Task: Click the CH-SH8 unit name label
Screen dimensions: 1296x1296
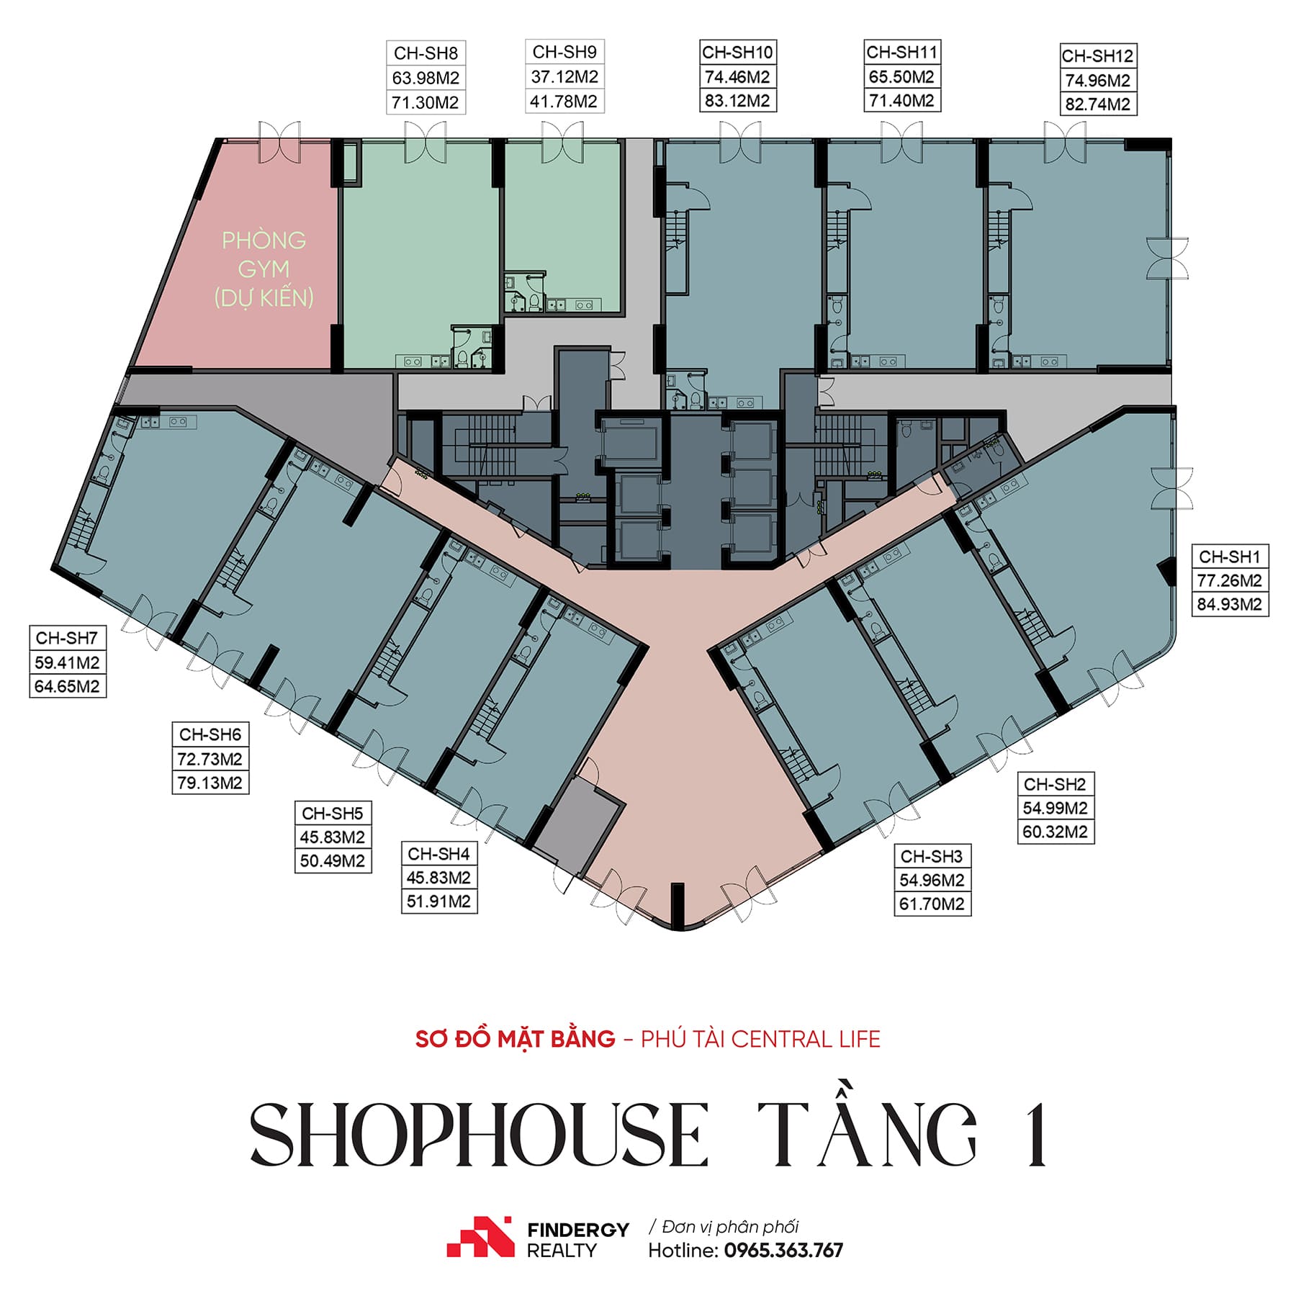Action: pos(426,53)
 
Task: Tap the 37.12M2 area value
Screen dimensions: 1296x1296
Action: pos(564,77)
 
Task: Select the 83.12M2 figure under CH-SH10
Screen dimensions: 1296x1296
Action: pos(737,101)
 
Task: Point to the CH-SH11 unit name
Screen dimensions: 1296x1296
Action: pos(901,53)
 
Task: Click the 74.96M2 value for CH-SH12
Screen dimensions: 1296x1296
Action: pos(1098,80)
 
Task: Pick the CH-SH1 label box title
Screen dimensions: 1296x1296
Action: pos(1229,557)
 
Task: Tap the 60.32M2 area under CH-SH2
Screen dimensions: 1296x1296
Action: pos(1055,832)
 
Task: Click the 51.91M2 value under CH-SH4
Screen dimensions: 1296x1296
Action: pos(438,901)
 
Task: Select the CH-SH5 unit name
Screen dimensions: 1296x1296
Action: pos(332,814)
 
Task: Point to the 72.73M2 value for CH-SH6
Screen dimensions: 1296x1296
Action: pos(210,759)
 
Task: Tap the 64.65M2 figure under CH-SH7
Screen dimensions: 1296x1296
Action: pos(67,686)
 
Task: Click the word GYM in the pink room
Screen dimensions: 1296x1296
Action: pos(264,269)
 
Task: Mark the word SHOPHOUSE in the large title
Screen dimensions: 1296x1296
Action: pos(480,1135)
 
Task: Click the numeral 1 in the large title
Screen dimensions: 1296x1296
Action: pos(1037,1135)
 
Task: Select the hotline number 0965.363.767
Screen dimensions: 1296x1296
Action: pos(783,1251)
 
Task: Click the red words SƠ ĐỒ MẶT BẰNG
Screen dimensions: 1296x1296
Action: pos(516,1039)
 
